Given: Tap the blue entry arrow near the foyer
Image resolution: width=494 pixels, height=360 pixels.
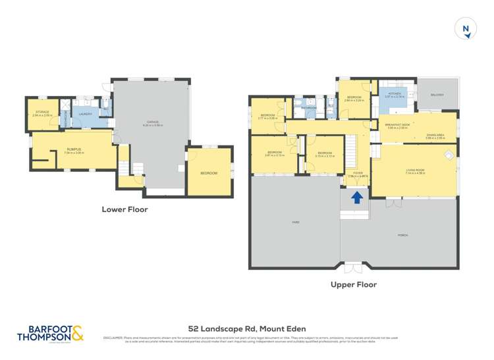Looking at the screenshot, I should click(357, 197).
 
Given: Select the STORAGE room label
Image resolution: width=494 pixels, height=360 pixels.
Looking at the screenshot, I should click(42, 112).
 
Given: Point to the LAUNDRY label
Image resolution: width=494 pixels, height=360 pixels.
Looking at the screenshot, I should click(84, 115).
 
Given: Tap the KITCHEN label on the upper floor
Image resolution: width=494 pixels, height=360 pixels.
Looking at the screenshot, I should click(395, 94).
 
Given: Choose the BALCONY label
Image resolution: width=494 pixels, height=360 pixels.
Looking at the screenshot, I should click(437, 95).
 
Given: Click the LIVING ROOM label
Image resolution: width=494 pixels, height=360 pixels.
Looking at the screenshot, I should click(416, 171).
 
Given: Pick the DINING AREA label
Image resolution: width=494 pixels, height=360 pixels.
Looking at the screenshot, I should click(434, 135).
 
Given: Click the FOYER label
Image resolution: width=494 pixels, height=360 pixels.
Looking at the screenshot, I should click(357, 173).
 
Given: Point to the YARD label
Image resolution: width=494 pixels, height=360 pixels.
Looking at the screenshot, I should click(294, 222).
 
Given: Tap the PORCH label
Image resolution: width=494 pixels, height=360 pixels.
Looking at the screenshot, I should click(402, 234).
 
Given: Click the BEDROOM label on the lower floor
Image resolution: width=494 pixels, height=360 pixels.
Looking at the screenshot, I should click(209, 172).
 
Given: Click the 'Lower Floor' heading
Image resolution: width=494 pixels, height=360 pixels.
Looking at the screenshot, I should click(124, 210).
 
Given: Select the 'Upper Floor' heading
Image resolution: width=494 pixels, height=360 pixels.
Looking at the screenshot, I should click(354, 285).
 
